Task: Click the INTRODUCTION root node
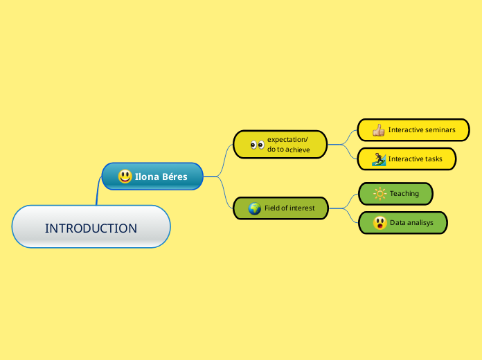[x=91, y=227]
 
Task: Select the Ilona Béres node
[x=153, y=177]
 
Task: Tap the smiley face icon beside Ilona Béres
[x=125, y=177]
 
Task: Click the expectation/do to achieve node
[x=280, y=144]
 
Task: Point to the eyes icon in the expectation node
[x=257, y=145]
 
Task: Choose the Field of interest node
[x=280, y=208]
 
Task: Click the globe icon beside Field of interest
[x=255, y=208]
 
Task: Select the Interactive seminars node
[x=413, y=129]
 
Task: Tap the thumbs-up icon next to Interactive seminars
[x=378, y=129]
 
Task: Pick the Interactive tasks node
[x=407, y=159]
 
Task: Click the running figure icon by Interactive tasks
[x=378, y=159]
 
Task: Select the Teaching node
[x=395, y=193]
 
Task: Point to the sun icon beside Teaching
[x=380, y=194]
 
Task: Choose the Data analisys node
[x=403, y=223]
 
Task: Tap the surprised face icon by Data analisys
[x=380, y=223]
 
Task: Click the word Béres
[x=175, y=177]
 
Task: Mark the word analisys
[x=420, y=223]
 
